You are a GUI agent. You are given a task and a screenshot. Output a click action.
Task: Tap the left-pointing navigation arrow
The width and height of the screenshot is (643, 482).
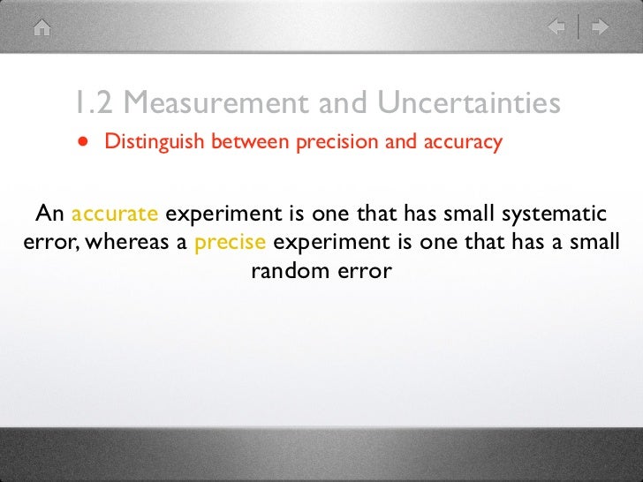(x=556, y=27)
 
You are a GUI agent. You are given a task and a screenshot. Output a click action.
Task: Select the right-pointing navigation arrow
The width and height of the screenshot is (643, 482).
(x=601, y=27)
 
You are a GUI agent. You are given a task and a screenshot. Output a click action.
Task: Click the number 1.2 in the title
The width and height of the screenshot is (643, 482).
(x=94, y=103)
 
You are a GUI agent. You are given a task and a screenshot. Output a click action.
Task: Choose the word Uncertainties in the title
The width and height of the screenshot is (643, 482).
(x=469, y=103)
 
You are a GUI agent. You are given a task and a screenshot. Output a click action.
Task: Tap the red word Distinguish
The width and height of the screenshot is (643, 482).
(x=154, y=142)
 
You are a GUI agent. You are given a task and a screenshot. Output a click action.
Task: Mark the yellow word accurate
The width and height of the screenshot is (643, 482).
(x=115, y=215)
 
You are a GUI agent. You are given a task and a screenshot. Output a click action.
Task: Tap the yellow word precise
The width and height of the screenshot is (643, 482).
(x=230, y=243)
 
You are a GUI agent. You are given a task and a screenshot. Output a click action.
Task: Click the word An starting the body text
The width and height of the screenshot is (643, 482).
(x=49, y=215)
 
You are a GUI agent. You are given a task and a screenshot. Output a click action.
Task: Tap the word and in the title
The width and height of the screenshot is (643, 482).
(x=343, y=103)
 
